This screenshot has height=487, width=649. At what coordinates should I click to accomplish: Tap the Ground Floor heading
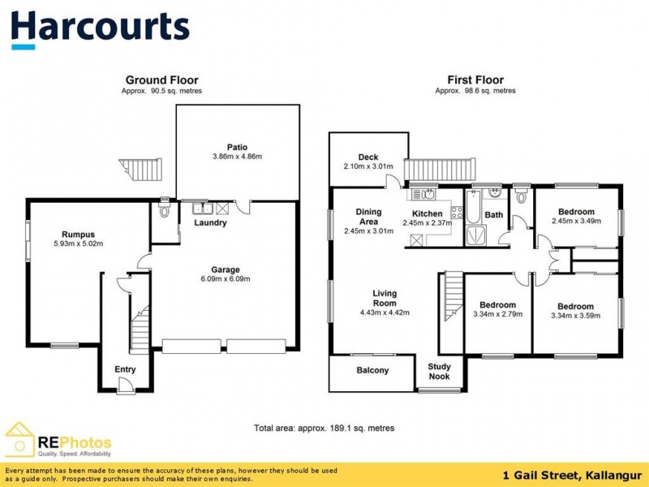(x=161, y=80)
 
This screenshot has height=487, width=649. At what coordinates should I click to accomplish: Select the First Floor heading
(x=475, y=80)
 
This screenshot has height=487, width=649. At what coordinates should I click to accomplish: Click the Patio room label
(x=237, y=147)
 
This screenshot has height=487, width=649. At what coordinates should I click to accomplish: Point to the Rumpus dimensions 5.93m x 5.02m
(x=78, y=243)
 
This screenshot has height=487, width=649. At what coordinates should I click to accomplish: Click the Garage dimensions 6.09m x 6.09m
(x=226, y=278)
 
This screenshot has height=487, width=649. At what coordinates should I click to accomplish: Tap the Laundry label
(x=210, y=222)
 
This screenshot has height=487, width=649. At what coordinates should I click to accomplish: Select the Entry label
(x=124, y=369)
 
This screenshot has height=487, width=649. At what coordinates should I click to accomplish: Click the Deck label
(x=368, y=157)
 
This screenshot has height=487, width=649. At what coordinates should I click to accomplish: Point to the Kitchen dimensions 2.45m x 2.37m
(x=427, y=224)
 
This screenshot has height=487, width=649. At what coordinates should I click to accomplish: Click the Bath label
(x=493, y=215)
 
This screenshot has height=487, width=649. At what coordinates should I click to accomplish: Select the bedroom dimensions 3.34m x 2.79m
(x=498, y=314)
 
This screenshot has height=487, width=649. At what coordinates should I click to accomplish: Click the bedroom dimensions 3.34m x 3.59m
(x=575, y=315)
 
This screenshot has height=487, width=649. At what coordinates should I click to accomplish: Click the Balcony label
(x=373, y=370)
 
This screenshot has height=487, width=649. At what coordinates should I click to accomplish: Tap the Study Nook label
(x=441, y=371)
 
